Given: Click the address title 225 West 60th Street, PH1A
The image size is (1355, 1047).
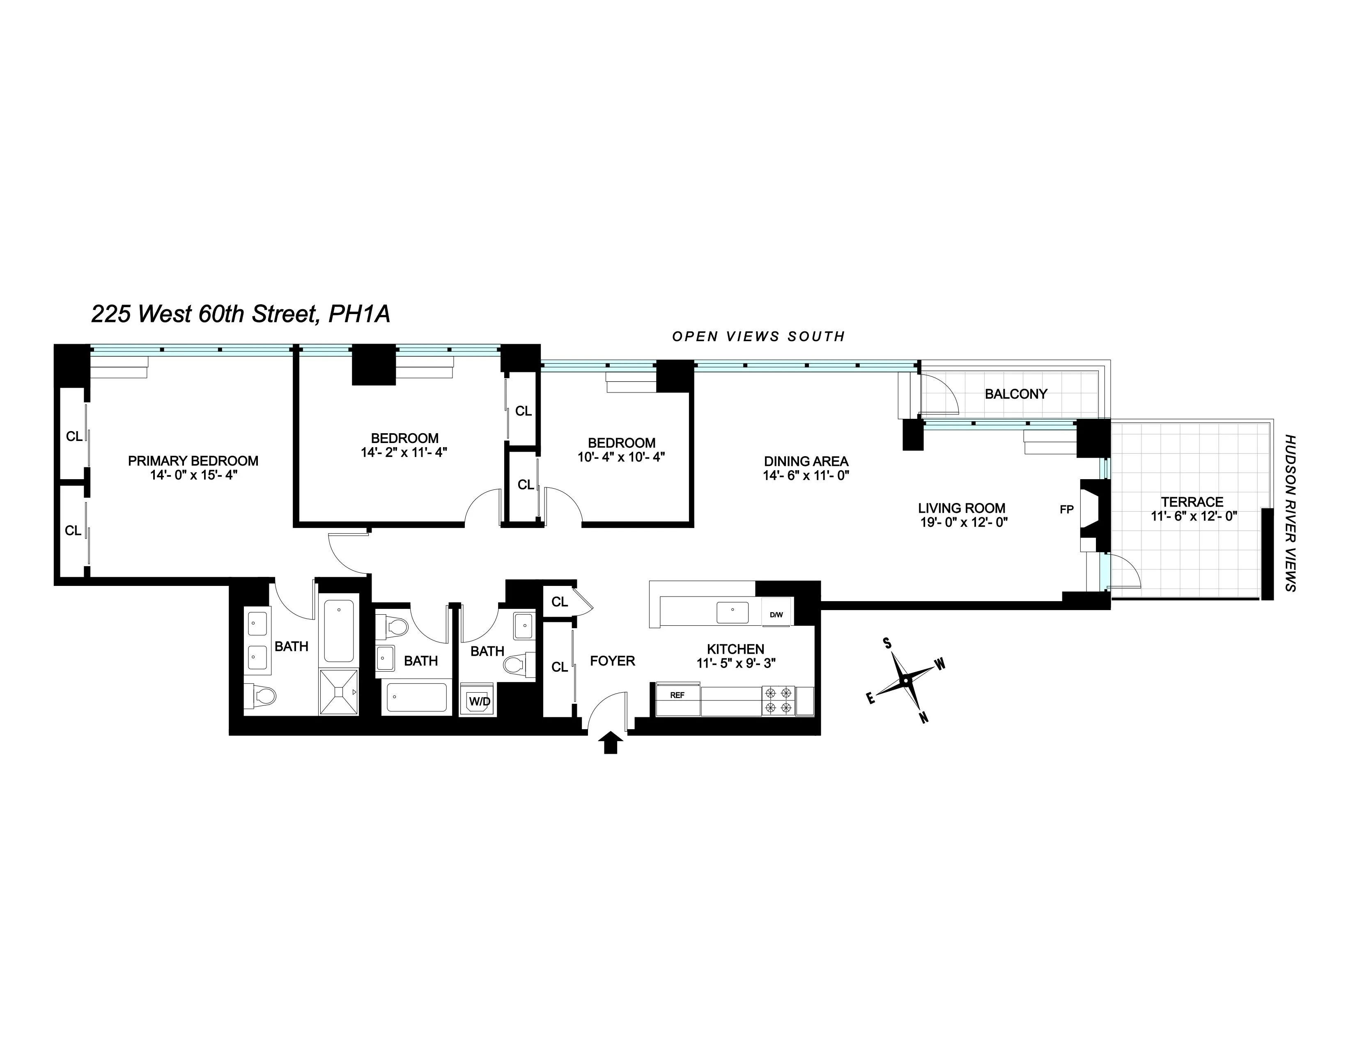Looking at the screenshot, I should (241, 314).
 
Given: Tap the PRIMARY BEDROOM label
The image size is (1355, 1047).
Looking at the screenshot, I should (193, 461).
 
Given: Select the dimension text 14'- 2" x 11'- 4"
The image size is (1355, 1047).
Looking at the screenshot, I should (404, 452).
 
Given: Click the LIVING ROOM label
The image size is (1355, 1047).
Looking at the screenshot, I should (961, 508).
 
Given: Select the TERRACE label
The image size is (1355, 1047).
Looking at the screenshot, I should (1192, 502).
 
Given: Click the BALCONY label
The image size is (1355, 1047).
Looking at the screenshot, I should (1015, 394).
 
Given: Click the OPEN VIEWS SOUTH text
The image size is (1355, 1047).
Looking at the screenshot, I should (758, 336).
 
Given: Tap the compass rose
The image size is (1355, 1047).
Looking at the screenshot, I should (905, 680).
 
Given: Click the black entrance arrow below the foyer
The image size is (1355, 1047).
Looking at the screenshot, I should (611, 742).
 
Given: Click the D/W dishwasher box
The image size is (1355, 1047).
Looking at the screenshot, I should (776, 615).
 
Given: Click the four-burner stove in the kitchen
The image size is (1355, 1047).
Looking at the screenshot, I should (778, 700).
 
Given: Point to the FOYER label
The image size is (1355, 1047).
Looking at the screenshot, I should (612, 661).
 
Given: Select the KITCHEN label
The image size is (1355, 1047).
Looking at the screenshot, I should (735, 649).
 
